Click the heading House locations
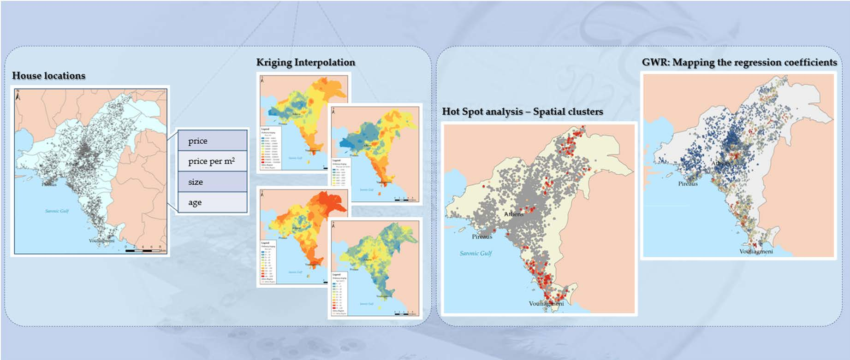(x=48, y=76)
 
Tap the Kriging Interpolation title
(x=306, y=62)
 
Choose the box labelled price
(x=213, y=141)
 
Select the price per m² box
(x=213, y=161)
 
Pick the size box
(x=213, y=182)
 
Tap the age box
(x=213, y=202)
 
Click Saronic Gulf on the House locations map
(x=57, y=211)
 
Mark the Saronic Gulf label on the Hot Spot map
(x=476, y=253)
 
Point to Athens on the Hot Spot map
(x=514, y=214)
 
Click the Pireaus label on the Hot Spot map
(x=482, y=236)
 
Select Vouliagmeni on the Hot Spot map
(x=546, y=303)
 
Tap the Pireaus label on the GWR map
(x=688, y=183)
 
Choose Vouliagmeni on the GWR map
(x=756, y=251)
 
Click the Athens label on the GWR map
(x=720, y=164)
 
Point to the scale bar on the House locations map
(x=143, y=250)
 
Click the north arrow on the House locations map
(x=18, y=95)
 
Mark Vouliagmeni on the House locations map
(x=101, y=241)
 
